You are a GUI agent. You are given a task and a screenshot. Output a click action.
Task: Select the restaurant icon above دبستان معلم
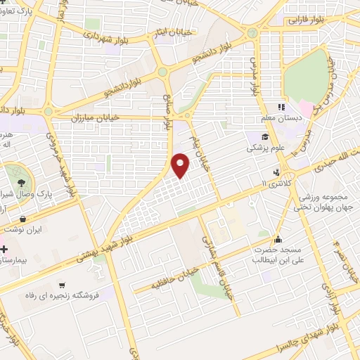(281, 107)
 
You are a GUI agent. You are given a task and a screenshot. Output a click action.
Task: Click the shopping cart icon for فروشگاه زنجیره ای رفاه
(63, 285)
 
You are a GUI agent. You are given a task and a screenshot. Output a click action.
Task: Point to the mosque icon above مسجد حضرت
(279, 238)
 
